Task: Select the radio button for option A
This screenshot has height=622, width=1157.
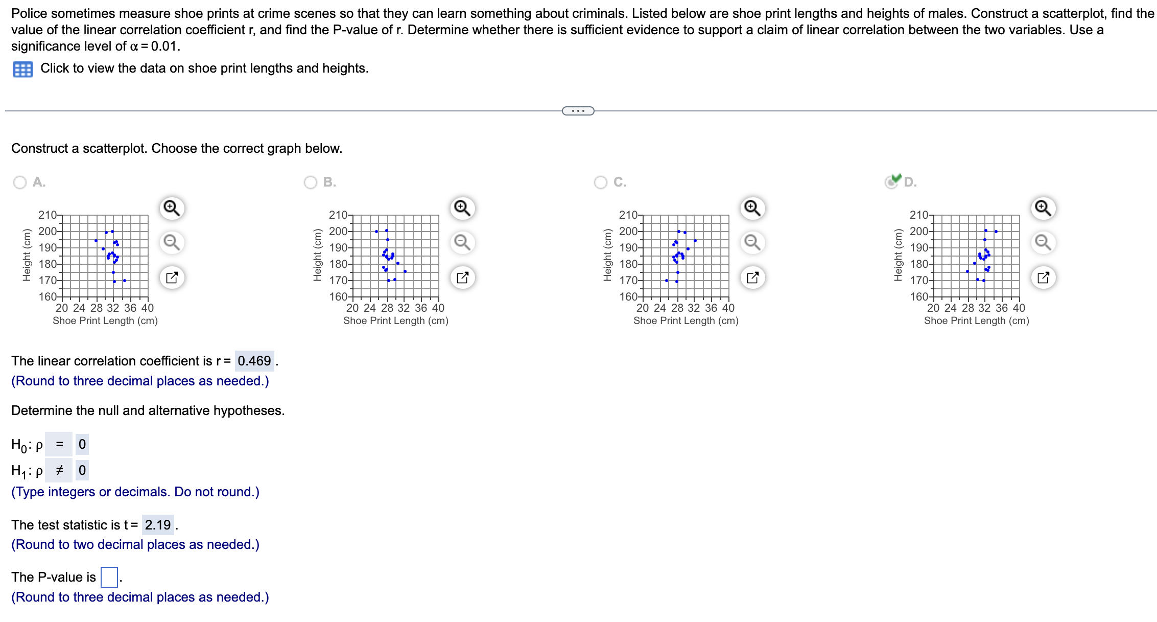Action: pyautogui.click(x=20, y=182)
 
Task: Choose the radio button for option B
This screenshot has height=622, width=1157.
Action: pyautogui.click(x=311, y=182)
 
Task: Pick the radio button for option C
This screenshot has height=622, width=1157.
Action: pyautogui.click(x=601, y=182)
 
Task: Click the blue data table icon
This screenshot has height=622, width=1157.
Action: pyautogui.click(x=22, y=69)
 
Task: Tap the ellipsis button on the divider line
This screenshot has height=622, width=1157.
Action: pyautogui.click(x=578, y=111)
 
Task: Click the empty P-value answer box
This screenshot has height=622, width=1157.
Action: pyautogui.click(x=109, y=578)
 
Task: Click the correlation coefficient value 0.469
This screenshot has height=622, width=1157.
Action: pyautogui.click(x=254, y=361)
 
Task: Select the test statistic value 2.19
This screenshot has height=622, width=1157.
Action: pyautogui.click(x=158, y=525)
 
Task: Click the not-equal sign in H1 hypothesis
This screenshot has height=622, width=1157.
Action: pyautogui.click(x=59, y=470)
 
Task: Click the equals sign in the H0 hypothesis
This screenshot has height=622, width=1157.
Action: pyautogui.click(x=59, y=444)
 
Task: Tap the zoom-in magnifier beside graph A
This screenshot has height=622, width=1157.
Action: pyautogui.click(x=172, y=209)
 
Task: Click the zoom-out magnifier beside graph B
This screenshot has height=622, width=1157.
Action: pyautogui.click(x=462, y=242)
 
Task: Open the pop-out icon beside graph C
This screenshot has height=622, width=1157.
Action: pyautogui.click(x=752, y=278)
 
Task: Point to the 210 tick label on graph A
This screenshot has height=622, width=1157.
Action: pyautogui.click(x=48, y=215)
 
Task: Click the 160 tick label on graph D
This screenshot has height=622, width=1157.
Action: pyautogui.click(x=919, y=297)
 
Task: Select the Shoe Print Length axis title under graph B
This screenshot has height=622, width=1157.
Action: pyautogui.click(x=396, y=321)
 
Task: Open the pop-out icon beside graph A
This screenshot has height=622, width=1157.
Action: pyautogui.click(x=172, y=278)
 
